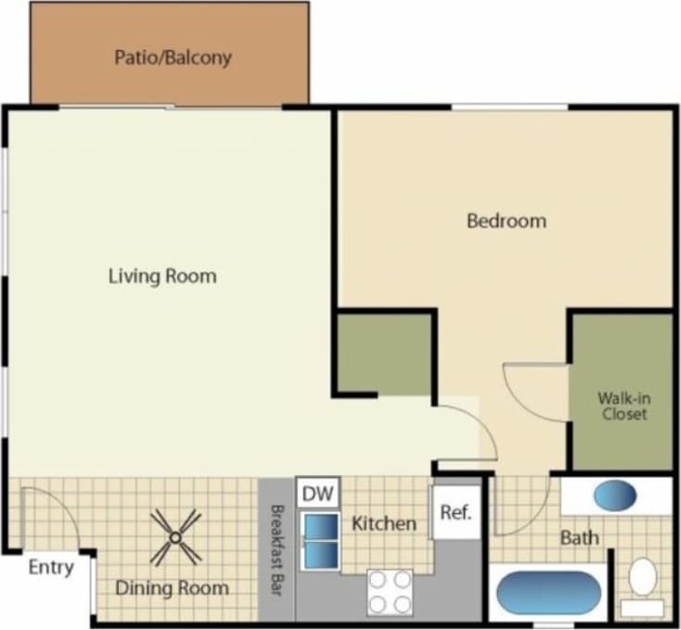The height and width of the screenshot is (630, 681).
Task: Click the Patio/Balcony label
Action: click(x=172, y=58)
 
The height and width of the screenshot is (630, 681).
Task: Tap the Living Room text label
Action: click(x=162, y=276)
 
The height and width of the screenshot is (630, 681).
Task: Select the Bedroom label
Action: click(x=506, y=221)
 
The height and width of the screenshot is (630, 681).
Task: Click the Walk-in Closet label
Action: click(x=623, y=406)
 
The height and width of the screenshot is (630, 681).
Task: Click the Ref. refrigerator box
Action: click(x=456, y=512)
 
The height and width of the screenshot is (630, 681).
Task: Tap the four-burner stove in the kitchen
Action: click(x=390, y=591)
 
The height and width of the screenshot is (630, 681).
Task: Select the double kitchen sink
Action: click(x=320, y=540)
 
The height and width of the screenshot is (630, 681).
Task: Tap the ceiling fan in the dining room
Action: click(x=175, y=538)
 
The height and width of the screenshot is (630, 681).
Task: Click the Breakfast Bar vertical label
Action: click(x=276, y=548)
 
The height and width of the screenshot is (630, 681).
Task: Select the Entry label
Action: click(x=50, y=568)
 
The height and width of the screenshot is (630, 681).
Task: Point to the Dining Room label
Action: click(x=172, y=587)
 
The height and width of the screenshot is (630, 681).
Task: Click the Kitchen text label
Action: click(x=384, y=524)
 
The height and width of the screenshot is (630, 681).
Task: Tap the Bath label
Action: click(x=579, y=537)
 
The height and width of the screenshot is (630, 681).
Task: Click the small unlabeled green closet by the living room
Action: click(x=383, y=354)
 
